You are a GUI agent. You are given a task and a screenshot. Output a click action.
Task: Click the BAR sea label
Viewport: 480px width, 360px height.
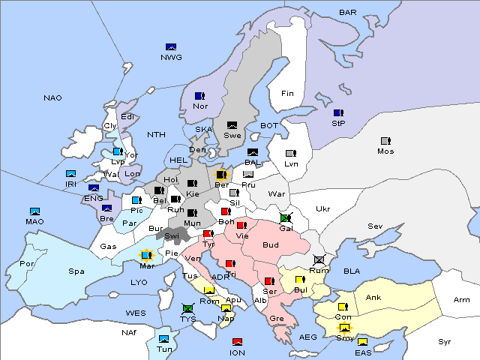click(347, 13)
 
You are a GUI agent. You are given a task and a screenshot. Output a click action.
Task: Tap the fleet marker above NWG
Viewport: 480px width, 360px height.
click(171, 47)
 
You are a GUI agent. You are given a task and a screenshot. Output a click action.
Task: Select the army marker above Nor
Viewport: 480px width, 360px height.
click(199, 96)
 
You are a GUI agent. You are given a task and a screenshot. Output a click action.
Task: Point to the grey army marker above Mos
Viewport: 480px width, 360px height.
click(385, 141)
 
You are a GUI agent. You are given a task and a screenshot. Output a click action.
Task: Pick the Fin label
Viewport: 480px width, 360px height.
click(286, 94)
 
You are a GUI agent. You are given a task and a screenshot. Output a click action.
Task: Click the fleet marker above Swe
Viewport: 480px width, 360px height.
click(232, 125)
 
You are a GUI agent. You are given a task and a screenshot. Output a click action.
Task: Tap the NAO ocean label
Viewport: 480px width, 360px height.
click(52, 98)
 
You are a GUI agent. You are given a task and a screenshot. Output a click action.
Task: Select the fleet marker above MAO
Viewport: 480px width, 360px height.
click(34, 211)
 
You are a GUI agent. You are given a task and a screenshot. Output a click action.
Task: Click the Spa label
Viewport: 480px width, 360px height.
click(76, 271)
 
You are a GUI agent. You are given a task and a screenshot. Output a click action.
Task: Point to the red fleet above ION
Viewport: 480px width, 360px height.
click(237, 342)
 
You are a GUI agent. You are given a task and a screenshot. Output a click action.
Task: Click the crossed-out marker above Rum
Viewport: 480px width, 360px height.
click(319, 260)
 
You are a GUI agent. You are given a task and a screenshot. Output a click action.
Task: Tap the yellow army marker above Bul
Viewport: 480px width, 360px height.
click(300, 280)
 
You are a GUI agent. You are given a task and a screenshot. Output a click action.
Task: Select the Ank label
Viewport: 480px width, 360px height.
click(373, 298)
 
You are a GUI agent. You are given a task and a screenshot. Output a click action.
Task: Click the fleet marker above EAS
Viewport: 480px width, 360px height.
click(362, 342)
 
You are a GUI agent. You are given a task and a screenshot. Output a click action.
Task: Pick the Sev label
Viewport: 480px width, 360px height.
click(375, 226)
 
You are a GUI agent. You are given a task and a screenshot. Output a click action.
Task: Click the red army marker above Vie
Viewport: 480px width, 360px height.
click(241, 225)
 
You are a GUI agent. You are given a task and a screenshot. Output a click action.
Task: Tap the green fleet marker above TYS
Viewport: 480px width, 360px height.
click(187, 308)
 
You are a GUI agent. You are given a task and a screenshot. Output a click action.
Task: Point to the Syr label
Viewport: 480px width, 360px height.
click(445, 341)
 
